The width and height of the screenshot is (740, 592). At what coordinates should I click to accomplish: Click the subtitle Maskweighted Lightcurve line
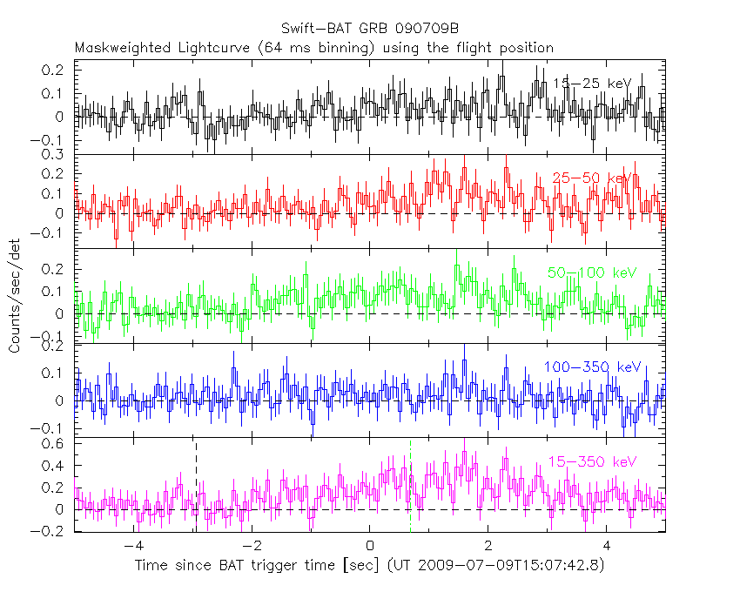[x=313, y=48]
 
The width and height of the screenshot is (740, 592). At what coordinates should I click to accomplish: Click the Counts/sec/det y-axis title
[x=15, y=296]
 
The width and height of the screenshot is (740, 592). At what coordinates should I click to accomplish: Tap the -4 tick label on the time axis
[x=132, y=547]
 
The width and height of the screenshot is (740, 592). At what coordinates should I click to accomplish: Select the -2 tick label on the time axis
[x=251, y=547]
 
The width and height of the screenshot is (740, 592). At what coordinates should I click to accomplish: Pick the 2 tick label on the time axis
[x=488, y=547]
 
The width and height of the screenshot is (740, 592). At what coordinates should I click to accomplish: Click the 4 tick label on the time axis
[x=607, y=547]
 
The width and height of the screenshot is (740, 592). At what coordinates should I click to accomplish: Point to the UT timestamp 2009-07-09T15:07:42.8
[x=518, y=566]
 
